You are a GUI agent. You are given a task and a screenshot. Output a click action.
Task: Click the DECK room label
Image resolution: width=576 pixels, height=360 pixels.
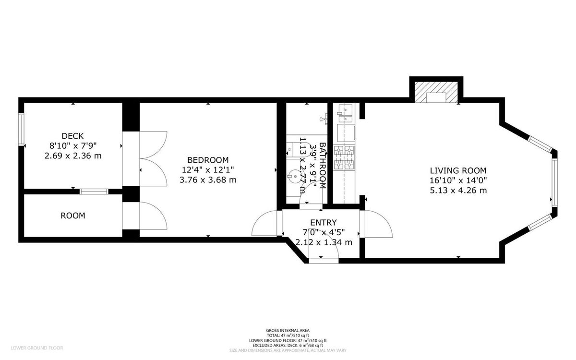[72, 136]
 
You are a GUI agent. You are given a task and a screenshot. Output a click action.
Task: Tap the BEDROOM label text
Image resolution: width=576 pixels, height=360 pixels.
[207, 160]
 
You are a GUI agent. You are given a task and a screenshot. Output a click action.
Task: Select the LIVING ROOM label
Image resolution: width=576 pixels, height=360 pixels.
[458, 170]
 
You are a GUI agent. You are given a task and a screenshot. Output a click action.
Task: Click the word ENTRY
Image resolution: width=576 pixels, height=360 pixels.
[323, 223]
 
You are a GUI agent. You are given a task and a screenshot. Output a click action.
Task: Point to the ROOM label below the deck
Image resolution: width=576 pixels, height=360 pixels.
[72, 216]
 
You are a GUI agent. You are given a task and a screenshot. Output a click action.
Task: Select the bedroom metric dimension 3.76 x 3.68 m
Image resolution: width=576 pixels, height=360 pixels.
[207, 180]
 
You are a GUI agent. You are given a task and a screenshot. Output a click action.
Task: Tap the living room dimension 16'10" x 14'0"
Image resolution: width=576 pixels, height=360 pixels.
[458, 180]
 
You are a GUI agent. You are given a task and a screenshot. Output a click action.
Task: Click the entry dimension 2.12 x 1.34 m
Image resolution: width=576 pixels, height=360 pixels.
[324, 242]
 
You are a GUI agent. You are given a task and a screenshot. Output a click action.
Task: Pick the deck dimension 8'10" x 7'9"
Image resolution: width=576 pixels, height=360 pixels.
[72, 146]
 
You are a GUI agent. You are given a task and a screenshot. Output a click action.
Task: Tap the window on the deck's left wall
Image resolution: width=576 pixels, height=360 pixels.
[21, 129]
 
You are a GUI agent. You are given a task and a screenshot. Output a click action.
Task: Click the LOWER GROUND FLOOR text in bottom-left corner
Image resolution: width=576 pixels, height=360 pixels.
[37, 348]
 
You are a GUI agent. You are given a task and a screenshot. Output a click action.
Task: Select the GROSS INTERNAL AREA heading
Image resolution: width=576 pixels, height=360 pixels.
[288, 330]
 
